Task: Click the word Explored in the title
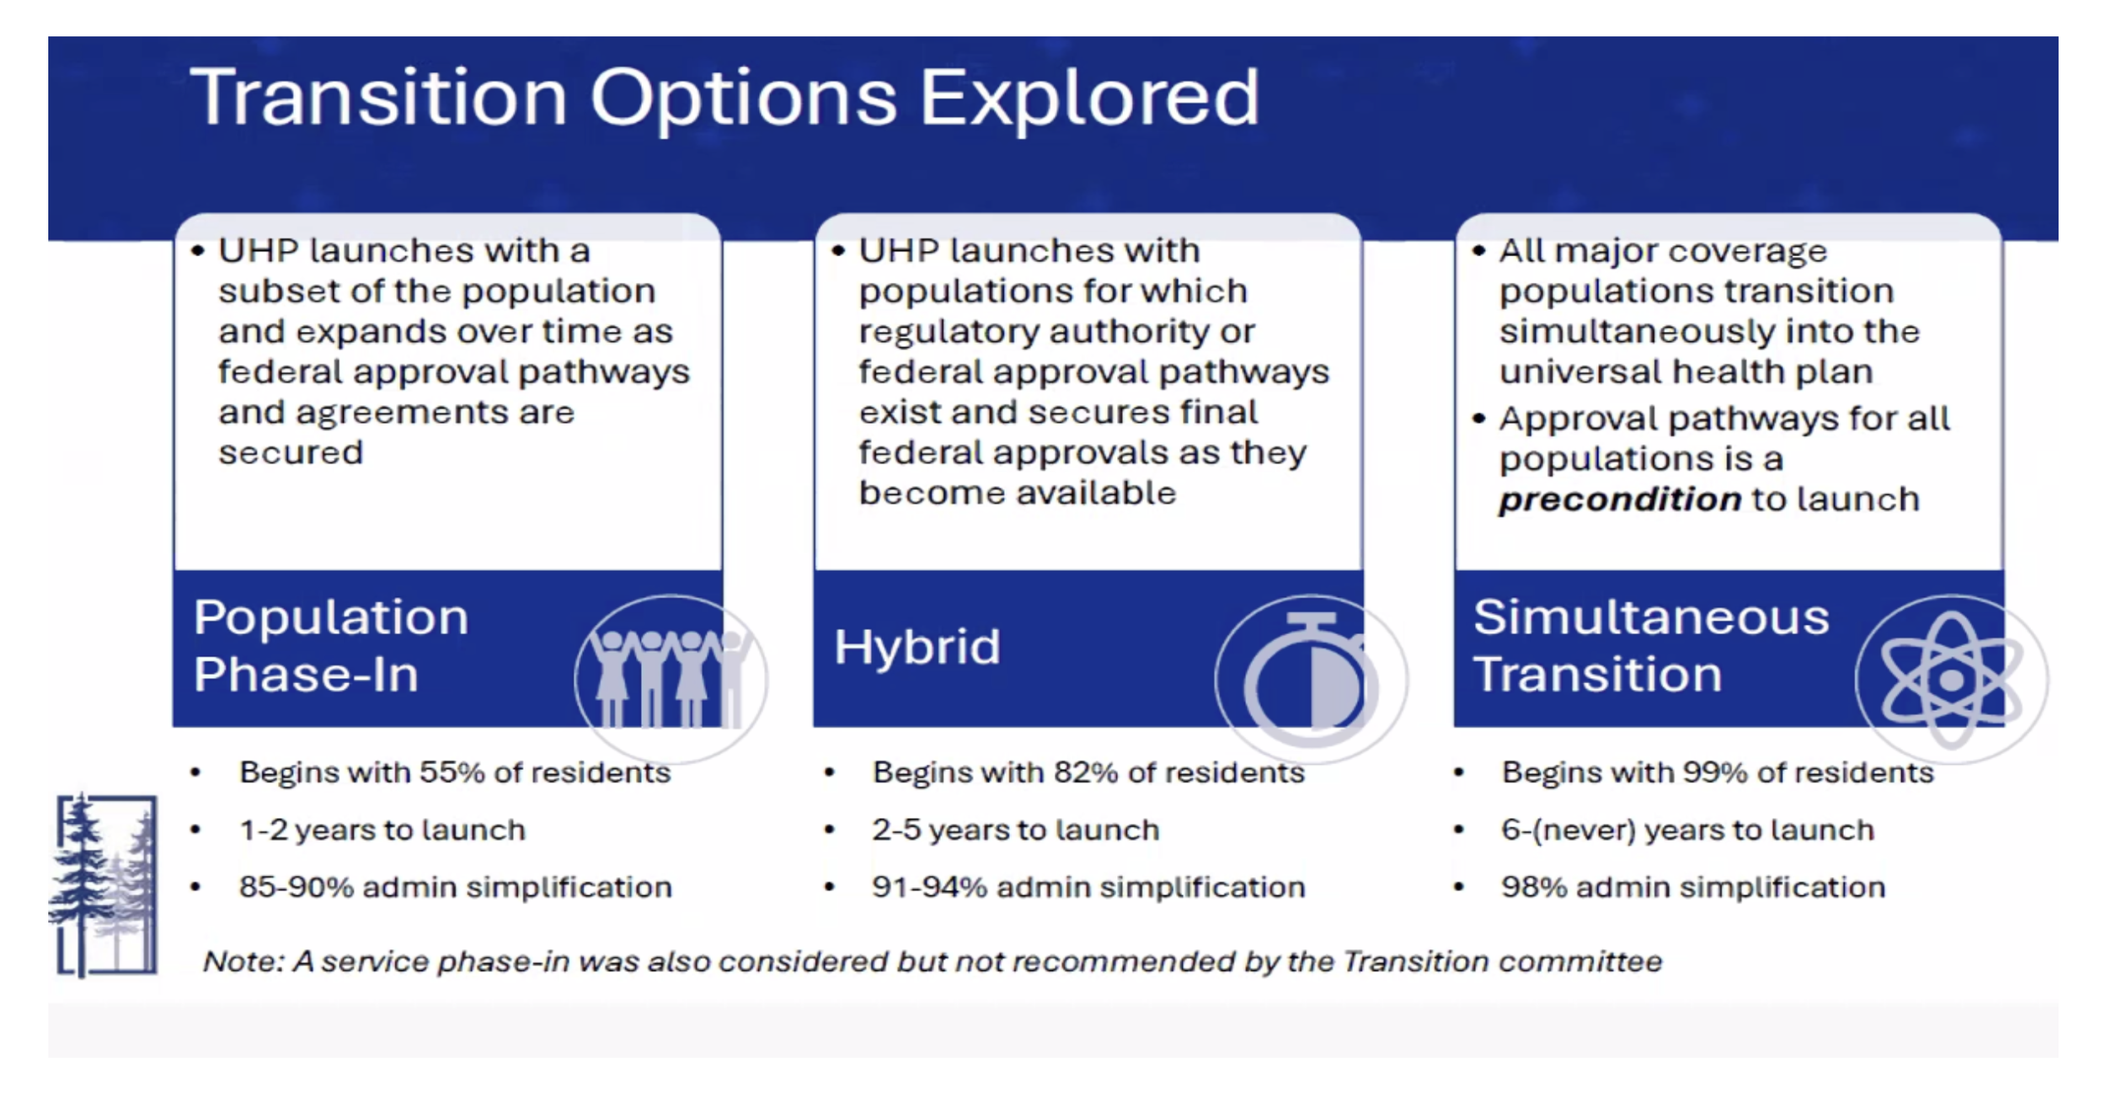tap(1089, 99)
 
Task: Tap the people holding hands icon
tap(671, 678)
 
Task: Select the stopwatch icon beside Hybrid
tap(1311, 679)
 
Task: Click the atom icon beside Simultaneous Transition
tap(1952, 679)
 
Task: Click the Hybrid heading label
tap(917, 647)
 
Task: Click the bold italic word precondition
tap(1619, 500)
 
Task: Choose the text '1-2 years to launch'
tap(382, 831)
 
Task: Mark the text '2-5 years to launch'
tap(1016, 831)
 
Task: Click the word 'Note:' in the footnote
tap(243, 961)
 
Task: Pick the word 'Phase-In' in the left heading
tap(306, 675)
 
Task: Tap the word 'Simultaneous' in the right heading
tap(1651, 617)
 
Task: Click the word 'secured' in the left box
tap(291, 453)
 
